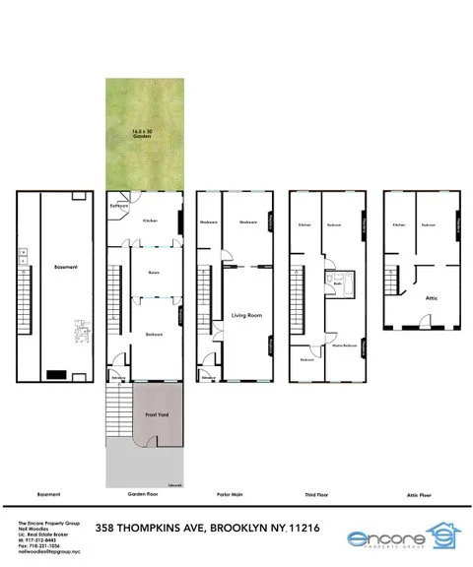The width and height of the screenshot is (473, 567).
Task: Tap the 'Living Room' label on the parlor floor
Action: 244,315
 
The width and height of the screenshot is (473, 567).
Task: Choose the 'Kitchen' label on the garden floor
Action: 151,220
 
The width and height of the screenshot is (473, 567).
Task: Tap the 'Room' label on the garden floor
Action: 153,272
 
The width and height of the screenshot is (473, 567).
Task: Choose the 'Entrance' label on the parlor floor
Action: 208,377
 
